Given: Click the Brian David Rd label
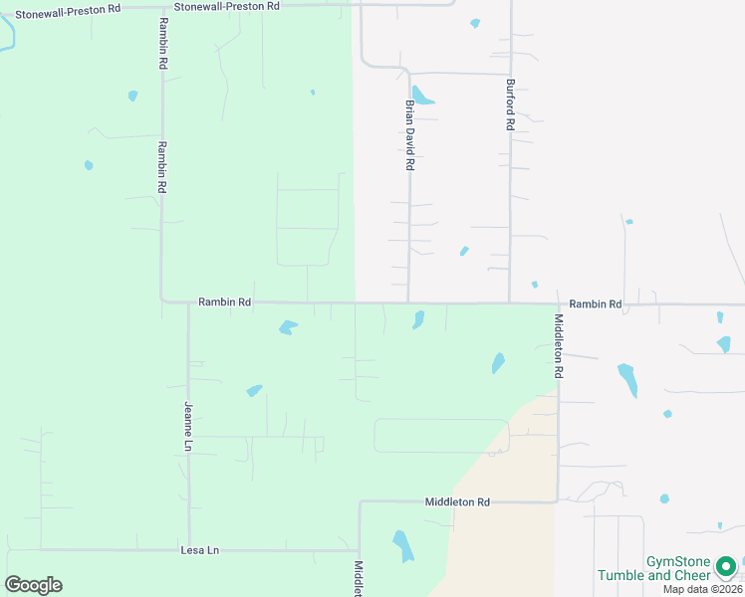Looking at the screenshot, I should [x=409, y=134].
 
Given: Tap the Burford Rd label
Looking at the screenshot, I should [x=510, y=105].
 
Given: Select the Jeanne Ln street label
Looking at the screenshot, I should [x=187, y=427].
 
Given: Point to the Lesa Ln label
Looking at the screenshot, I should [x=199, y=549].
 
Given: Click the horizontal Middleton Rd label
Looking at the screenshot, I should [x=457, y=502].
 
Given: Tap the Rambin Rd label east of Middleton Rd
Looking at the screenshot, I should [x=595, y=303].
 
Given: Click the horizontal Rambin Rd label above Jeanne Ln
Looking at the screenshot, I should [x=224, y=301].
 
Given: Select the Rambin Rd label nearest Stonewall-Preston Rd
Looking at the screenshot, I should [x=162, y=42].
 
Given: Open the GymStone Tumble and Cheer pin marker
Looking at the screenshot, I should [x=727, y=566].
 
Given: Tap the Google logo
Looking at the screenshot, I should [x=33, y=585].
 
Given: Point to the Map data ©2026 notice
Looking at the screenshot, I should [x=702, y=589].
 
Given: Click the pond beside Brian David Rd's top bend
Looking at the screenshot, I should [x=422, y=96].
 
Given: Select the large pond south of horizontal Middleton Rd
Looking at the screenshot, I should [x=402, y=545].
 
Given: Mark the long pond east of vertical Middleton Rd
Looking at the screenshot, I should [x=627, y=379].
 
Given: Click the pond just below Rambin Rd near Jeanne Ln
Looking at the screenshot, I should [x=288, y=326].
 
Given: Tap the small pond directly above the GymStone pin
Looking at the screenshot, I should [x=720, y=525].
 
